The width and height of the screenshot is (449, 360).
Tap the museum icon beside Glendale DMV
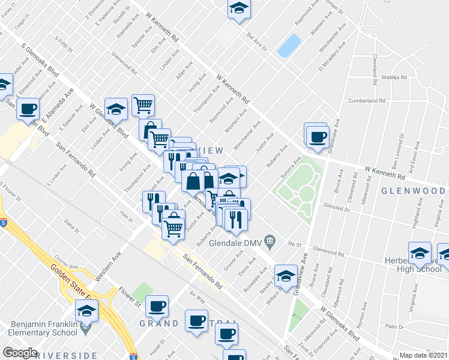270,242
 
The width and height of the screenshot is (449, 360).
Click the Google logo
20,353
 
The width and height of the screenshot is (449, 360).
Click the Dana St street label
71,226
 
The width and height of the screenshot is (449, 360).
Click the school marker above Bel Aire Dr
238,9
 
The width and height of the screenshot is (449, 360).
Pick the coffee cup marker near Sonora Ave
317,136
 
